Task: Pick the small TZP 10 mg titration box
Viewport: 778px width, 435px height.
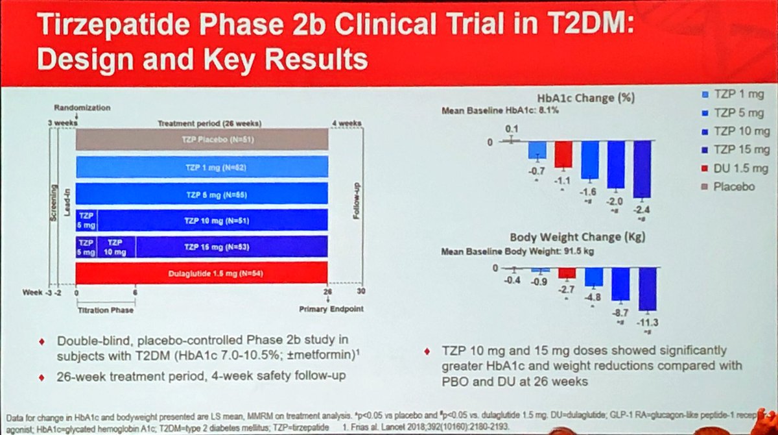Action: click(116, 247)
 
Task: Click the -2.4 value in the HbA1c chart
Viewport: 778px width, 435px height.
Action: click(642, 210)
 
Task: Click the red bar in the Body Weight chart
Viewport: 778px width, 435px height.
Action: click(567, 273)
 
